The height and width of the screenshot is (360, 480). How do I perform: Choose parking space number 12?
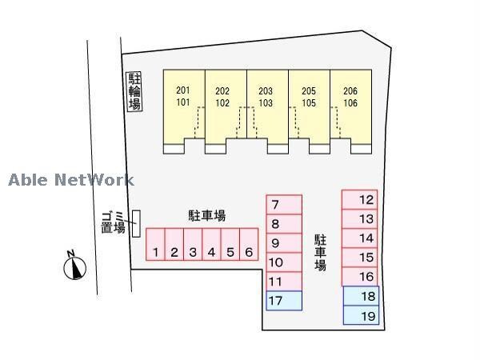(x=360, y=199)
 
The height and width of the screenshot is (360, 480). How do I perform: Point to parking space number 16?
(x=360, y=277)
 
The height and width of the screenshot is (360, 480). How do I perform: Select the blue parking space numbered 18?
(x=361, y=297)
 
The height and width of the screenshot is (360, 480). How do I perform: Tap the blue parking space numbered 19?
(x=361, y=316)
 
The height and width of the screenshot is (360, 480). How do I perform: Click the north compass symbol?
(x=73, y=266)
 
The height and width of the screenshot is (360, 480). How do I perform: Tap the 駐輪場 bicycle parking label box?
(x=134, y=91)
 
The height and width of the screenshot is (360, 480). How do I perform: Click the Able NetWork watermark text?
(x=71, y=181)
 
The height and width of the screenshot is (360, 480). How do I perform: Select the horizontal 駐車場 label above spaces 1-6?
(x=206, y=215)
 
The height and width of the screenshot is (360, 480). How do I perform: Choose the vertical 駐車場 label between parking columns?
(x=320, y=253)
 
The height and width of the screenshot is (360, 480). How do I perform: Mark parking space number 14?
(x=360, y=238)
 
